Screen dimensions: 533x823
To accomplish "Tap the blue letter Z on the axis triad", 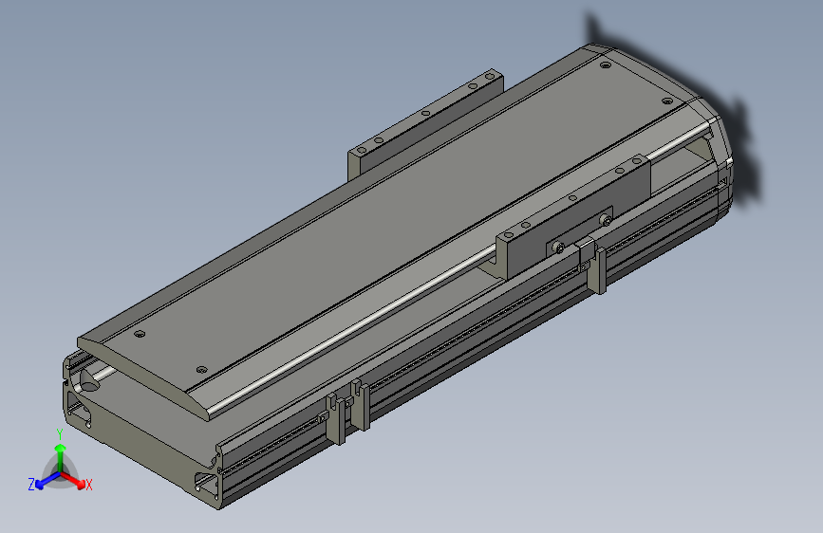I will [31, 485].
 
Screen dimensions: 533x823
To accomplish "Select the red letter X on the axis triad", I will [88, 486].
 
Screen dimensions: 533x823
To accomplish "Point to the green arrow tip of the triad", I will [59, 446].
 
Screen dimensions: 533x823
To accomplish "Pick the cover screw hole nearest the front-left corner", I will [140, 334].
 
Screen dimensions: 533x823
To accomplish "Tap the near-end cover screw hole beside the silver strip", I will [200, 368].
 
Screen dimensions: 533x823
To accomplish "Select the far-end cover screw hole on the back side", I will [604, 66].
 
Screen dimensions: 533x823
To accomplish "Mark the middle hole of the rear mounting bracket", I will [425, 114].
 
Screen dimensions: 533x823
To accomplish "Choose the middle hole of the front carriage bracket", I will [572, 198].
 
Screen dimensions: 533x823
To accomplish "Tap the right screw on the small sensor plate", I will [604, 220].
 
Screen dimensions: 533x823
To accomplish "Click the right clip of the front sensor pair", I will [360, 406].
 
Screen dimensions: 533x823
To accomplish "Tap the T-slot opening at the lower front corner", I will [206, 486].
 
